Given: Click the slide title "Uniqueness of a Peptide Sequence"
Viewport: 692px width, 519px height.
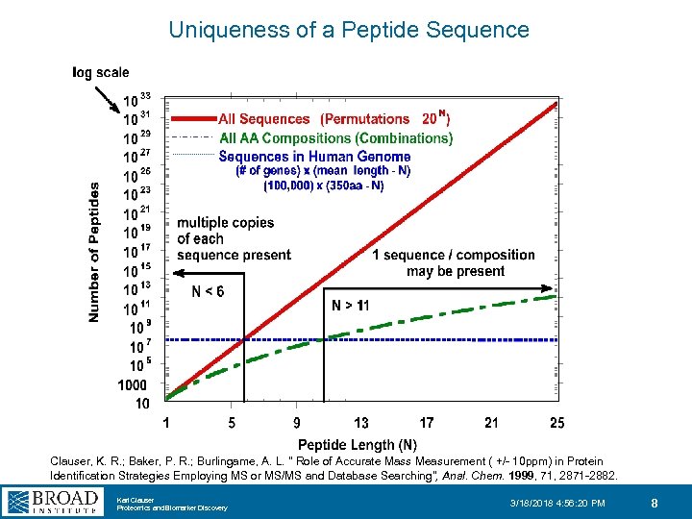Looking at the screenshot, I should (x=348, y=30).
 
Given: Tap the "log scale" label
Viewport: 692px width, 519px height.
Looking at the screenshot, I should (x=101, y=72).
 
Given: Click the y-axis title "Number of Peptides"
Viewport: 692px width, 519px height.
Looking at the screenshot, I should (x=94, y=253).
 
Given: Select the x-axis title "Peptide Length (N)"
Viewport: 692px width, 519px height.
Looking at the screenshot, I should (x=358, y=444).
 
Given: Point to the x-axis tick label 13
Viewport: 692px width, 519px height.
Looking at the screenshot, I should (x=361, y=423).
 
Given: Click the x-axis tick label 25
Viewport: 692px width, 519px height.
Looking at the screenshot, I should (x=557, y=423).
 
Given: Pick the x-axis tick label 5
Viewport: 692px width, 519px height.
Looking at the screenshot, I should (x=231, y=423).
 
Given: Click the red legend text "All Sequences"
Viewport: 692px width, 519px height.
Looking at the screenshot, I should (x=264, y=120).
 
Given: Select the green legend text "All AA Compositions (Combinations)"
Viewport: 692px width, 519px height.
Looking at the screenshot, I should (x=336, y=138).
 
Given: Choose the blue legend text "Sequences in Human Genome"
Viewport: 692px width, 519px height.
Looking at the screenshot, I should (x=314, y=157).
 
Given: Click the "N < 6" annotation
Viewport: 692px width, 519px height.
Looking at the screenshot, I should (x=208, y=292).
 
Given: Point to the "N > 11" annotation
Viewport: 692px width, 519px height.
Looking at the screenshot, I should (x=350, y=306).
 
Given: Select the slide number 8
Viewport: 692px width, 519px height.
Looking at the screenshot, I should (x=654, y=502).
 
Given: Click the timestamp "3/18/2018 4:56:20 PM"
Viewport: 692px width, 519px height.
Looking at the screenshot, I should (x=557, y=503).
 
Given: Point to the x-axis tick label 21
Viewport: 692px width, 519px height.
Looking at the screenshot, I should (x=492, y=423).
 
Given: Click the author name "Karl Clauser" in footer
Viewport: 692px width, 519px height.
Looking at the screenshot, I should (x=135, y=500).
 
